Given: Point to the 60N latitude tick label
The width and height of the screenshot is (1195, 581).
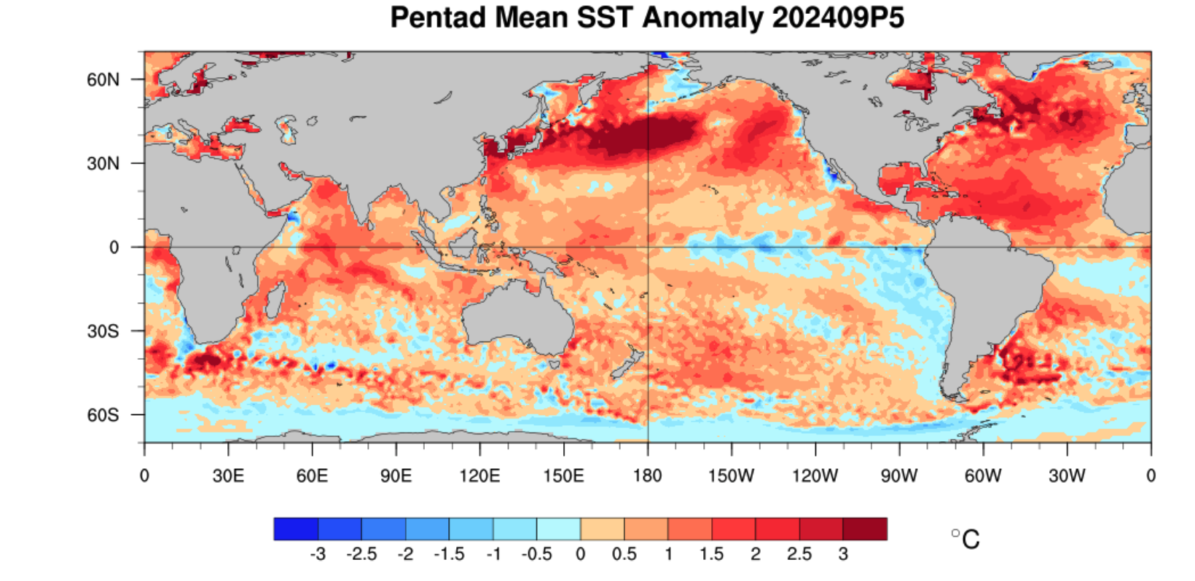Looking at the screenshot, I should tap(103, 79).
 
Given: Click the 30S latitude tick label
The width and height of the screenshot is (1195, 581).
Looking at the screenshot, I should tap(103, 331).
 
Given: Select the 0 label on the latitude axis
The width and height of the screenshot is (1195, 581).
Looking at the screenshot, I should tap(114, 248).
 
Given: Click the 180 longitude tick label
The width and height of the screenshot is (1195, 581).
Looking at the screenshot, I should tap(647, 476).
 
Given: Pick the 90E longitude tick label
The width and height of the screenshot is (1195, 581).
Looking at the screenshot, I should tap(396, 476).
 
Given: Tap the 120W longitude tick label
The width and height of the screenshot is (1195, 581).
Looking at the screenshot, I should tap(815, 476).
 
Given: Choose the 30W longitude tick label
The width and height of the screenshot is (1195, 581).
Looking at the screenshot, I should tap(1067, 476).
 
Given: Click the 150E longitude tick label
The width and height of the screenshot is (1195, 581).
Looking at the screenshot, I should tap(563, 476).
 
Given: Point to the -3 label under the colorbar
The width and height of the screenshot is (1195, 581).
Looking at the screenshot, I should tap(317, 554).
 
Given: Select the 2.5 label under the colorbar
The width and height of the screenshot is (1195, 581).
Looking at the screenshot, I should tap(799, 554).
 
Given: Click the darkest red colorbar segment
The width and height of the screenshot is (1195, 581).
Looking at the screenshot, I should tap(865, 529).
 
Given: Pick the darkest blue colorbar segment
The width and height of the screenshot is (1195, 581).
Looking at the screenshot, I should tap(296, 529).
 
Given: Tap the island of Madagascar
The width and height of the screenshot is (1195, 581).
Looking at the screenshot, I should tap(275, 300).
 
